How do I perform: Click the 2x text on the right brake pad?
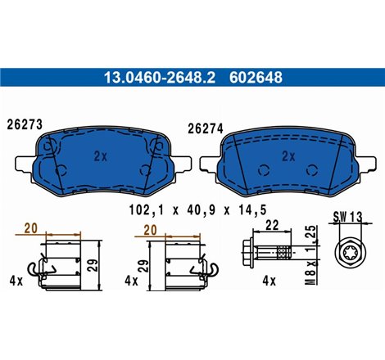pos(288,155)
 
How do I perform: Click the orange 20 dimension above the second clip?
pos(151,231)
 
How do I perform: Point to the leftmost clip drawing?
pos(62,262)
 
